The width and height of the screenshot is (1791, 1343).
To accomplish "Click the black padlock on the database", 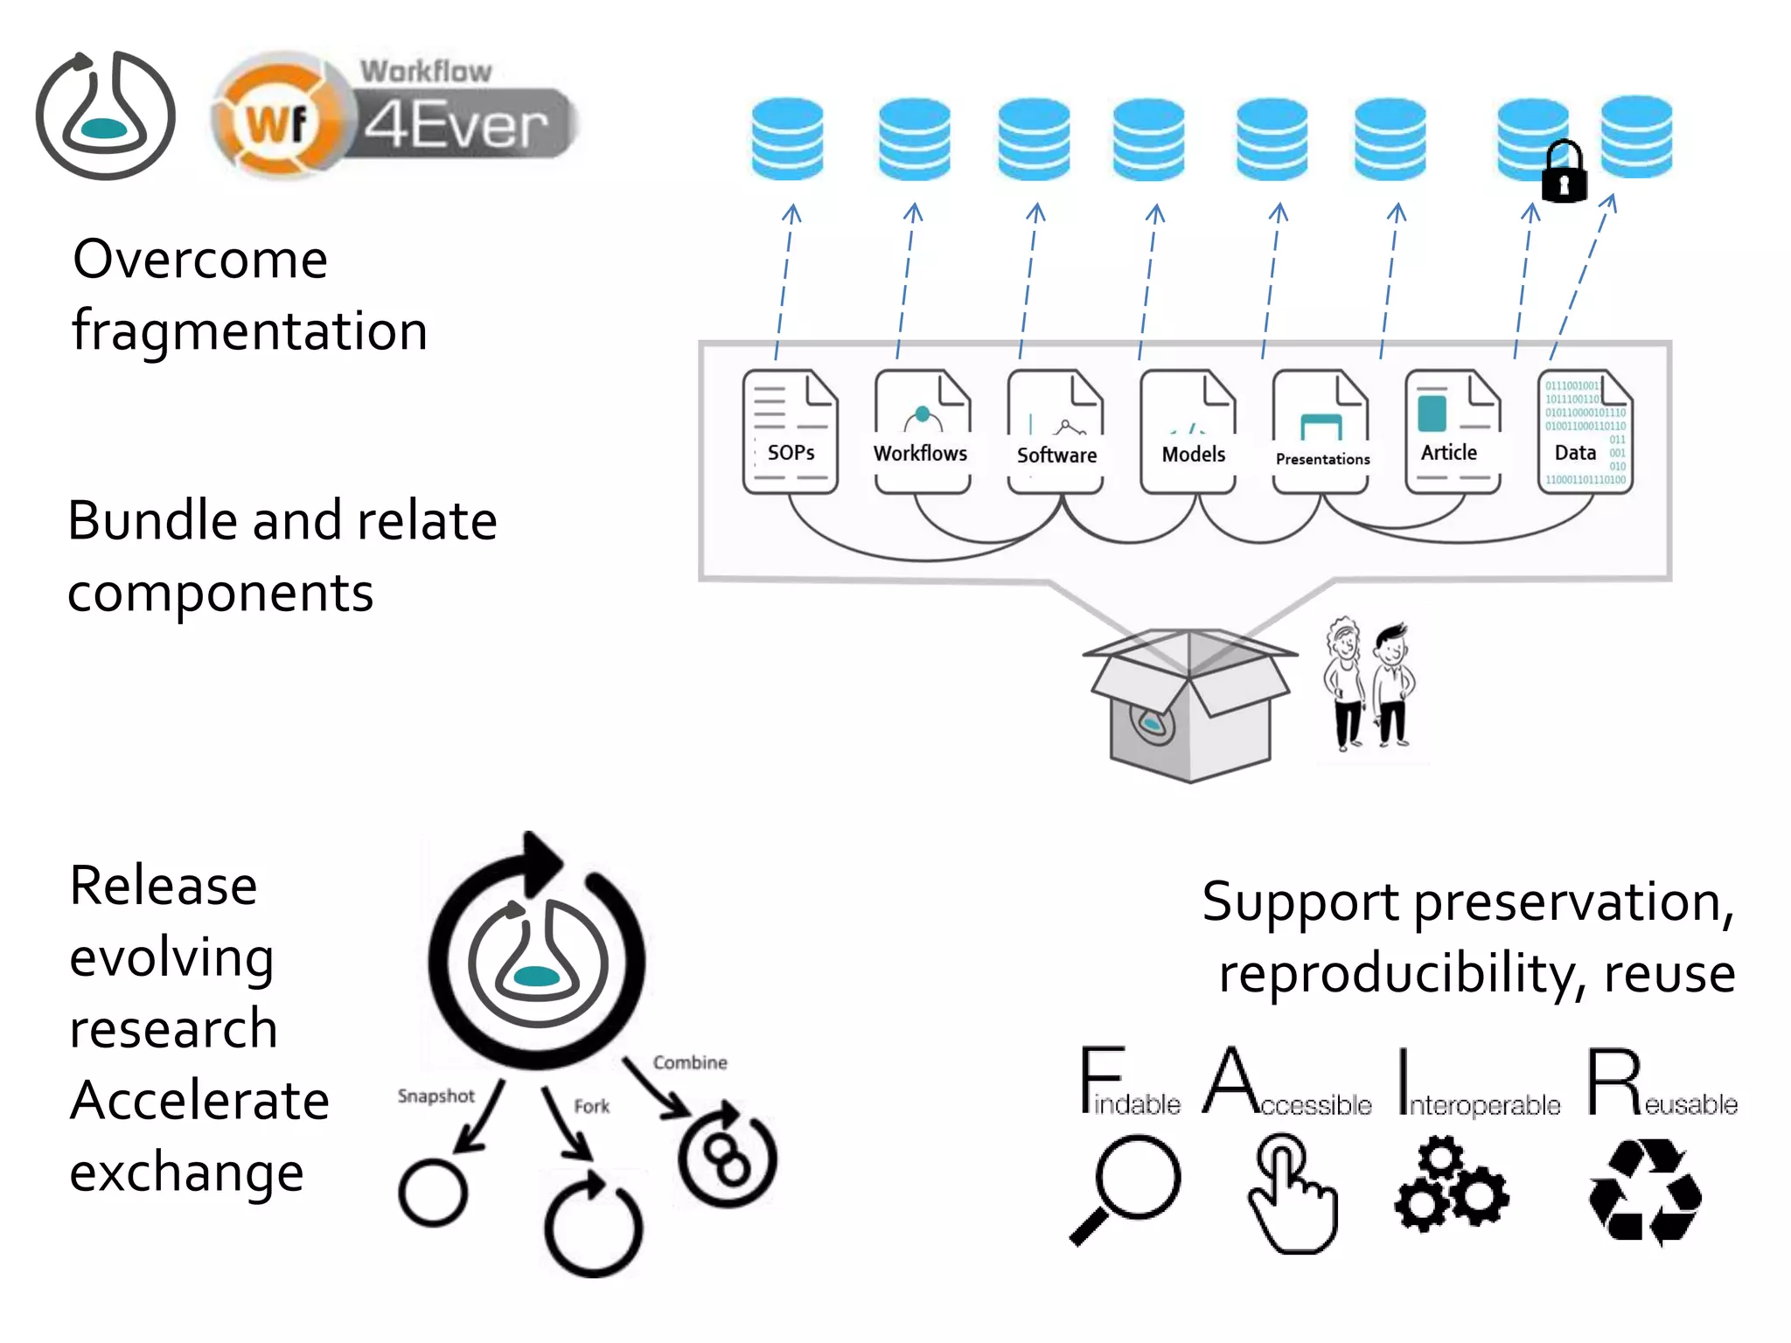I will (x=1564, y=173).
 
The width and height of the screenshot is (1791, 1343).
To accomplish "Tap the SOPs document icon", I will (x=791, y=431).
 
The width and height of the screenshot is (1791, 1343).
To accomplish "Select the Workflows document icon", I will (x=922, y=431).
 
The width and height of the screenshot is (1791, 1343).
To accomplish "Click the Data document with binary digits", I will (x=1585, y=431).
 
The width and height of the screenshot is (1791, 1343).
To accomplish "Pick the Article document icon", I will (x=1452, y=431).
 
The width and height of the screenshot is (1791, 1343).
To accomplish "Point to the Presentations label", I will (x=1322, y=459).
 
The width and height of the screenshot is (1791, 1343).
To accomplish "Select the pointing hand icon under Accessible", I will (x=1292, y=1193).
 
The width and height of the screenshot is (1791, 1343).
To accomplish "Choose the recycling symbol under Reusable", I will (x=1644, y=1191).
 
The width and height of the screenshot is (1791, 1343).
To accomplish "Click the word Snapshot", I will (x=436, y=1096).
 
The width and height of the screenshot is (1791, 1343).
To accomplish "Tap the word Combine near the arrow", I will (x=690, y=1062).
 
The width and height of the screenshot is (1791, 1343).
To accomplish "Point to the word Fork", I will (x=591, y=1106).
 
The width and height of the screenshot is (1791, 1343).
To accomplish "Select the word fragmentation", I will (x=250, y=331).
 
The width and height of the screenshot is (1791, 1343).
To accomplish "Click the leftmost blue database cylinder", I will (x=787, y=138).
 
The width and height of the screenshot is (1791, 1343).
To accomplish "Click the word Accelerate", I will (x=199, y=1100).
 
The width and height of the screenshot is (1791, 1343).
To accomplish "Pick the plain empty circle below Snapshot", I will (x=433, y=1193).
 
